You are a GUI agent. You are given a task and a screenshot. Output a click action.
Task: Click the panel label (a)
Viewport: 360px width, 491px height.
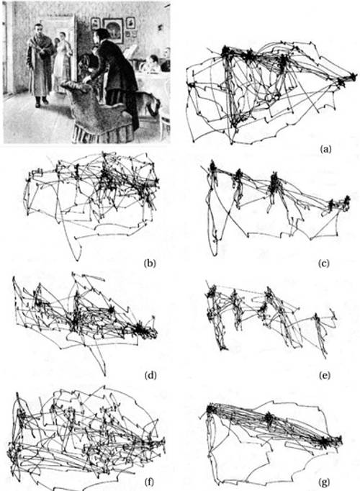click(325, 149)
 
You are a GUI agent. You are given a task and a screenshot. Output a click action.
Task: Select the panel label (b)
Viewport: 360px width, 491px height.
click(150, 263)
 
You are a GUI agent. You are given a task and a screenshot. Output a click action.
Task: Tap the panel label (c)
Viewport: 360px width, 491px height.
click(324, 263)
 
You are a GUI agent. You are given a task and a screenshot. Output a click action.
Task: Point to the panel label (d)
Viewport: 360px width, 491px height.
click(150, 374)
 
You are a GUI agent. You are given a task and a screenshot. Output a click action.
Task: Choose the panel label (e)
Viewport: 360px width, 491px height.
click(324, 375)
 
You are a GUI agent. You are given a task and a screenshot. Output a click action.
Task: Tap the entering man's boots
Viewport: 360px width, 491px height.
click(41, 102)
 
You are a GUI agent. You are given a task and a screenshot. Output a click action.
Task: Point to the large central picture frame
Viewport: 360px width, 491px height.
click(113, 30)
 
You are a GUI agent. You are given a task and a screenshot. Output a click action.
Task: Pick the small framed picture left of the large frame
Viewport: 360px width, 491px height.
click(95, 24)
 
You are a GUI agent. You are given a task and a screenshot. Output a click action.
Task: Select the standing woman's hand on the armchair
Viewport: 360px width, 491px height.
click(86, 80)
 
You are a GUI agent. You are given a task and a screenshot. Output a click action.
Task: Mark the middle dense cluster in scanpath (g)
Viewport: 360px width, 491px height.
click(268, 418)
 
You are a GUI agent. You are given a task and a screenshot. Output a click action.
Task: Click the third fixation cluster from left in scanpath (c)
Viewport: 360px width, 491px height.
click(274, 181)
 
